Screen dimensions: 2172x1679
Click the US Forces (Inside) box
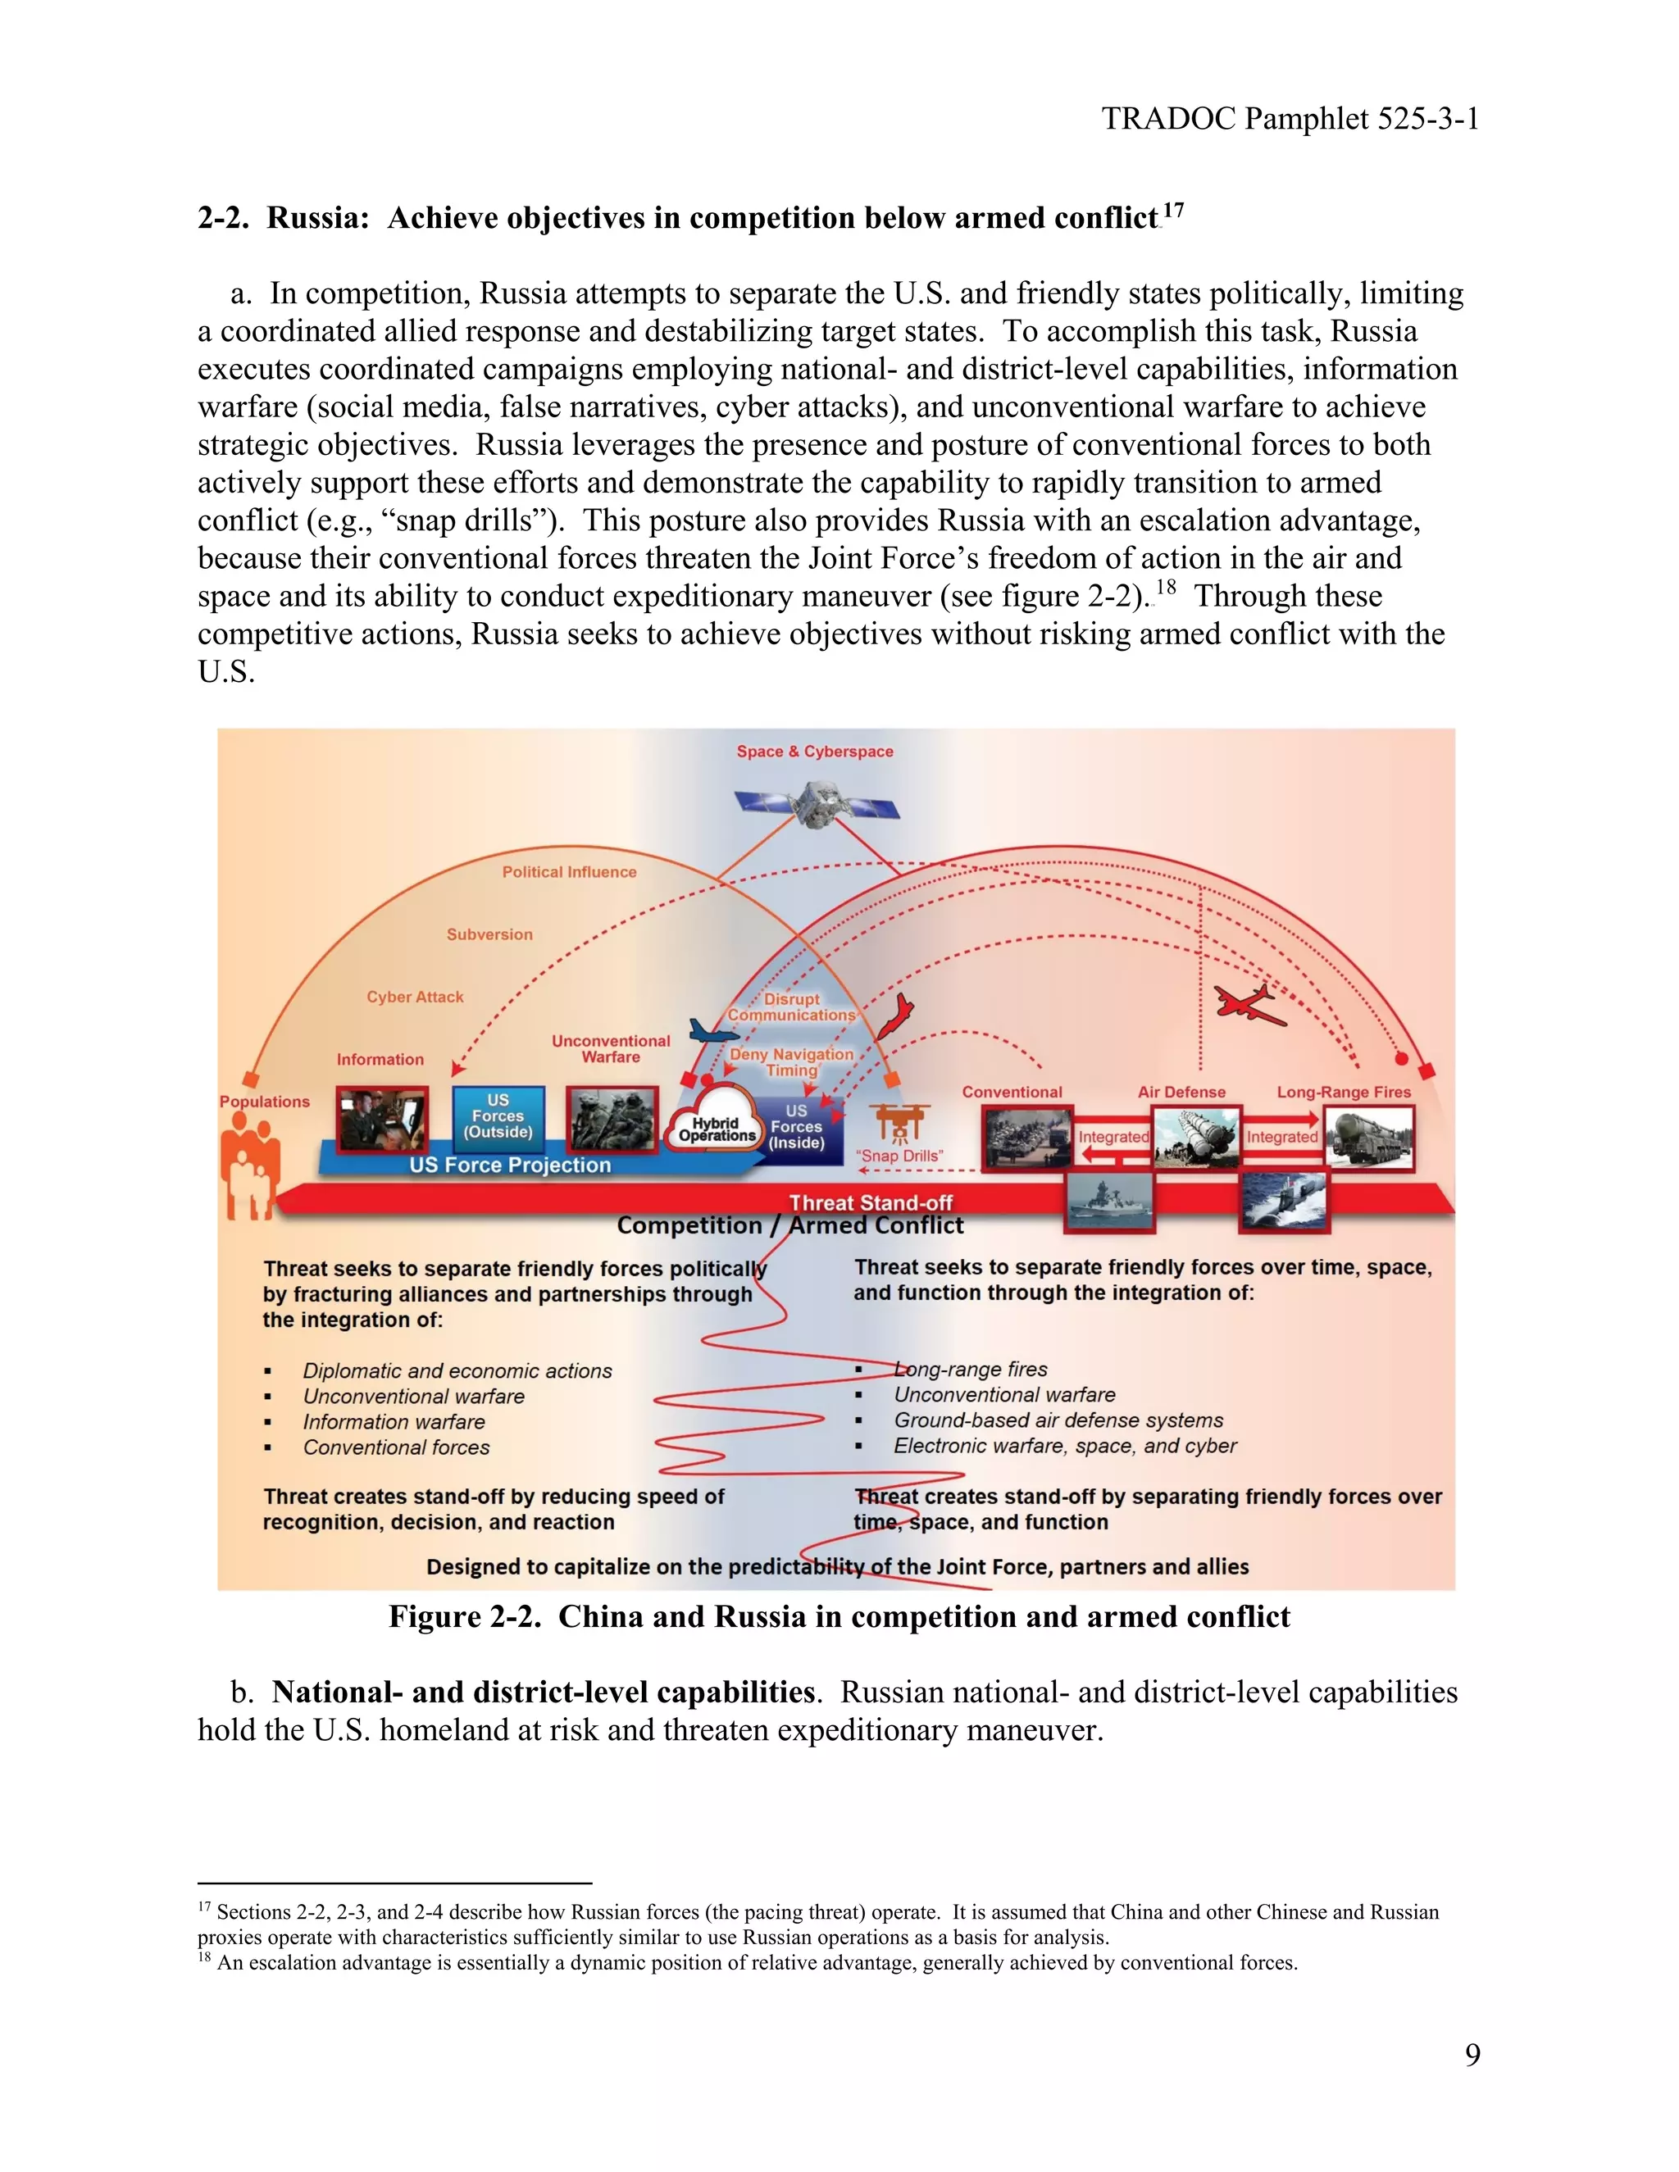click(x=797, y=1127)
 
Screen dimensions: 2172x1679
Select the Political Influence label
click(x=569, y=872)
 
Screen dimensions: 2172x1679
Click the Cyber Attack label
click(x=415, y=997)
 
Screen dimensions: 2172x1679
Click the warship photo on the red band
click(x=1109, y=1202)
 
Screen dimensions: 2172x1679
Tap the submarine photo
click(x=1284, y=1202)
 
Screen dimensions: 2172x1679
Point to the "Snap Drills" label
click(x=899, y=1156)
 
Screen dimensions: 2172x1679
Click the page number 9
click(x=1472, y=2054)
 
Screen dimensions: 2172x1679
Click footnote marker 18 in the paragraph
click(x=1165, y=587)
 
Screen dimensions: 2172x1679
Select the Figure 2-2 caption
click(x=839, y=1616)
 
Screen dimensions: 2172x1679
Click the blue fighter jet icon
click(x=714, y=1032)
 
